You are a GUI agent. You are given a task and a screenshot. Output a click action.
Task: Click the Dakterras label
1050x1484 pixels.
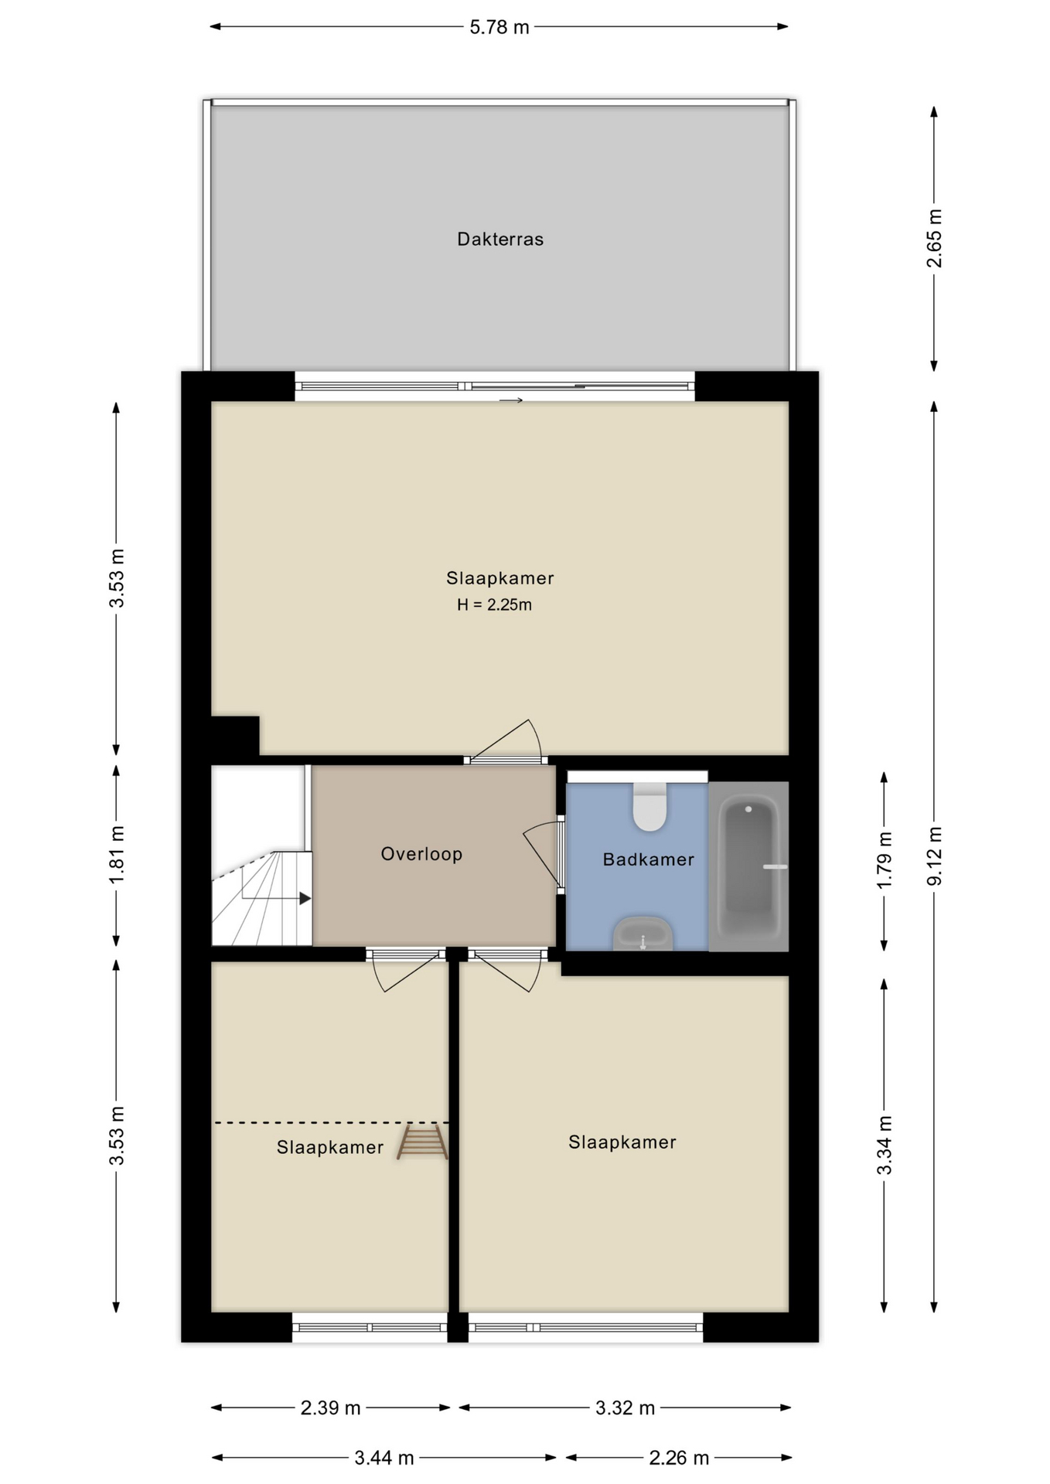click(x=500, y=239)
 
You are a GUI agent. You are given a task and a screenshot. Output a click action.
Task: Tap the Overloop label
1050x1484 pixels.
click(x=421, y=854)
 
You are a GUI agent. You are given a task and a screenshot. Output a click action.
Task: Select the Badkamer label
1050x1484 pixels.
click(x=649, y=859)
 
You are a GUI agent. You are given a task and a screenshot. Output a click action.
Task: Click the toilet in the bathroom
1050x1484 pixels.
click(x=650, y=806)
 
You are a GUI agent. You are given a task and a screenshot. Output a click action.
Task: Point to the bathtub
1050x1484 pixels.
click(x=748, y=866)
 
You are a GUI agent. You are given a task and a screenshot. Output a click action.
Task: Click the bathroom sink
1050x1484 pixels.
click(x=643, y=934)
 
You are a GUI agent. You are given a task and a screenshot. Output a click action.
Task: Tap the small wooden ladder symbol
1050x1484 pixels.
click(x=422, y=1142)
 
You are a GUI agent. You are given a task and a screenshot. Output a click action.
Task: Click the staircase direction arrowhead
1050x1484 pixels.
click(x=305, y=899)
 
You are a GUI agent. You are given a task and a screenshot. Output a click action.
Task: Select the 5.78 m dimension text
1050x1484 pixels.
click(x=499, y=27)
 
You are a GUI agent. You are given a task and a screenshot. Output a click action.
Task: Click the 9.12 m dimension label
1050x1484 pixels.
click(x=935, y=856)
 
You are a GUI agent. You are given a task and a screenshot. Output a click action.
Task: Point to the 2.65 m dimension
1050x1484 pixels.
click(x=935, y=238)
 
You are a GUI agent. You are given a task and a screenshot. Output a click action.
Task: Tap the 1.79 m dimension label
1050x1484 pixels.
click(x=885, y=860)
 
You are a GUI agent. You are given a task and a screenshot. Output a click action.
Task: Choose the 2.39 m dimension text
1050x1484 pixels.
click(x=331, y=1407)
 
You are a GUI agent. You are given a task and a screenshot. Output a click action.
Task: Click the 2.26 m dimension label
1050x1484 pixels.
click(x=679, y=1458)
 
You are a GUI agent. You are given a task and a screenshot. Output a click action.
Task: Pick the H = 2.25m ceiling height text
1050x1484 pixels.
click(x=495, y=605)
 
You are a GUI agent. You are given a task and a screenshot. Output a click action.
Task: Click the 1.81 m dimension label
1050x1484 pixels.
click(x=117, y=856)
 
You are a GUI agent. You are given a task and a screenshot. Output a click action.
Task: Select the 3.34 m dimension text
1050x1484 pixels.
click(x=885, y=1145)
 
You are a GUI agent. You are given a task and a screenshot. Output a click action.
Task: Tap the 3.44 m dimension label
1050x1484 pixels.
click(x=384, y=1458)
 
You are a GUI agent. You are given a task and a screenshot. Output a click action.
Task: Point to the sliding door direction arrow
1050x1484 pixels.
click(x=511, y=400)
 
